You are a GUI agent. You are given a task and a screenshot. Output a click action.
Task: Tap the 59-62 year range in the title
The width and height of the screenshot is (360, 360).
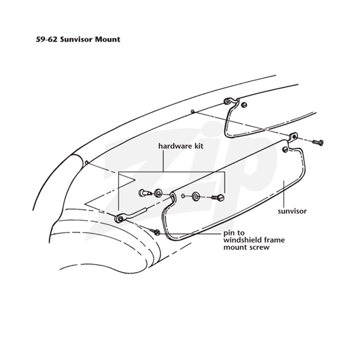point(47,40)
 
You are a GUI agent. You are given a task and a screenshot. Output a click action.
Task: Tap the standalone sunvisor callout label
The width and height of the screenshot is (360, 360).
point(292,211)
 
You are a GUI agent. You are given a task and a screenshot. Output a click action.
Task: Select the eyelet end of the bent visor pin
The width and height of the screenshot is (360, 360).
point(120,218)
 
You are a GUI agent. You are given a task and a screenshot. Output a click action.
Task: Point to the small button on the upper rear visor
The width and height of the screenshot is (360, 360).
point(244,105)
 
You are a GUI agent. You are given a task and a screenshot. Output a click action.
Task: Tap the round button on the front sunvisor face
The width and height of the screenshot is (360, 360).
point(285,150)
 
